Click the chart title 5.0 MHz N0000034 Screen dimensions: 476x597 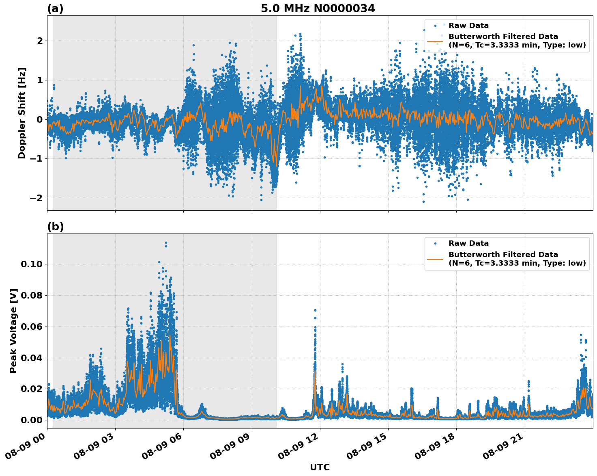point(318,9)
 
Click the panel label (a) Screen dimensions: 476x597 point(55,9)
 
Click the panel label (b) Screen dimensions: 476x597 point(55,227)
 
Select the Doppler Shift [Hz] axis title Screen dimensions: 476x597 point(22,113)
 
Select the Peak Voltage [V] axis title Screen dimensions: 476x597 point(13,331)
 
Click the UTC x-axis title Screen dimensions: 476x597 point(320,467)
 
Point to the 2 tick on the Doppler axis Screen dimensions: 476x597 point(40,41)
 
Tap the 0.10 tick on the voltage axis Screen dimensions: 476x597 point(32,264)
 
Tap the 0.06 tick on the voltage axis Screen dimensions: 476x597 point(32,327)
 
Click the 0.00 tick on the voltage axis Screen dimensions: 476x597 point(32,420)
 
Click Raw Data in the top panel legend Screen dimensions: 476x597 point(468,26)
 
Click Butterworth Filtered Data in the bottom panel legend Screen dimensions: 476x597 point(503,255)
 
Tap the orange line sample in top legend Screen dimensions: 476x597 point(435,41)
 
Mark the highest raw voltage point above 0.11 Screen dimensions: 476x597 point(166,243)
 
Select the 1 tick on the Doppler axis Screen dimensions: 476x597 point(40,80)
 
